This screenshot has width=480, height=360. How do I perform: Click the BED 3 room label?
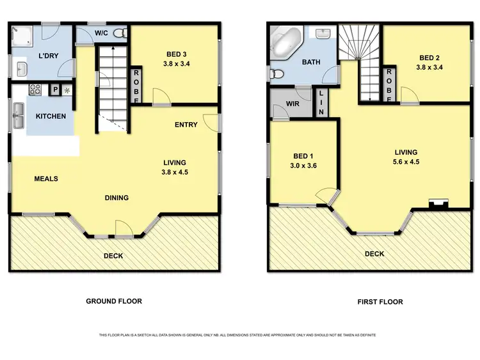coord(173,54)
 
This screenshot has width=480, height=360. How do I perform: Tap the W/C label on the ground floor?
coord(100,33)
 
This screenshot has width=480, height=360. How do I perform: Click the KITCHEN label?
coord(49,116)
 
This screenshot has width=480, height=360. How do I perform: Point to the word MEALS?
coord(46,178)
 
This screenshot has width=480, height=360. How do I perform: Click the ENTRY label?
coord(186,125)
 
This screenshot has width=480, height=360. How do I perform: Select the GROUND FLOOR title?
coord(114,301)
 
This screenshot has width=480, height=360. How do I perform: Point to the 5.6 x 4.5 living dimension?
coord(406,162)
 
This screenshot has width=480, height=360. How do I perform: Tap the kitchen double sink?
coord(18,116)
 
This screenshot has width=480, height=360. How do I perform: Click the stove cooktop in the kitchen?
coord(36,90)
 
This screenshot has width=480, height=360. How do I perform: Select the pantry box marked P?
coord(55,90)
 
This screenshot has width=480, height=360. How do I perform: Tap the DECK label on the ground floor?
coord(114,256)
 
